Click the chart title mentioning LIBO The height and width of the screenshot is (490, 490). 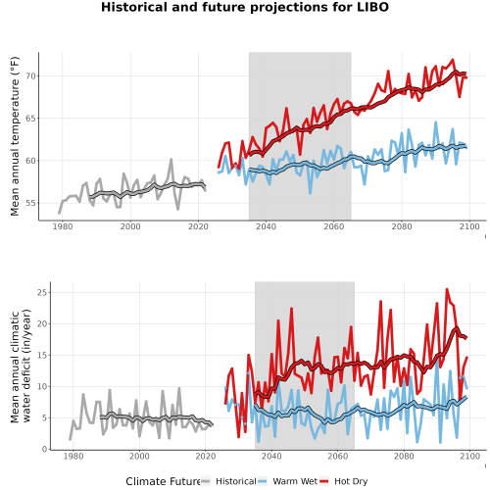(245, 7)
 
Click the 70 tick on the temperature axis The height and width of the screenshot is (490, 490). (30, 76)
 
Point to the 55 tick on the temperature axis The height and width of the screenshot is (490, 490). (30, 203)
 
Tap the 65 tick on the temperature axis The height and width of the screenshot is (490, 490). (30, 119)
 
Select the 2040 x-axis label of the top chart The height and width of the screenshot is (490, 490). (266, 226)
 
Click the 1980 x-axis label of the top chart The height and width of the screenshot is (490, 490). (63, 226)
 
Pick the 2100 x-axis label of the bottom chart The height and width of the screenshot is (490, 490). (469, 456)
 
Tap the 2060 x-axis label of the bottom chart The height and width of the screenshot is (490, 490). (338, 456)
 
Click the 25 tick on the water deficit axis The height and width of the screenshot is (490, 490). (42, 292)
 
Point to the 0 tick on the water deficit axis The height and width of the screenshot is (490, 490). (45, 450)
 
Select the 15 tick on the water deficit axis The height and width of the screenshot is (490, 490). (42, 355)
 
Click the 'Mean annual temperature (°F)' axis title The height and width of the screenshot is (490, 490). (15, 136)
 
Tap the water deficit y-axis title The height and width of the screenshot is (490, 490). (21, 366)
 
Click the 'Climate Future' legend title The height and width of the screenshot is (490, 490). (163, 481)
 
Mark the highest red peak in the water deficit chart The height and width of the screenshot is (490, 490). (447, 289)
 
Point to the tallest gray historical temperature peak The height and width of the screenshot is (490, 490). (171, 160)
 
